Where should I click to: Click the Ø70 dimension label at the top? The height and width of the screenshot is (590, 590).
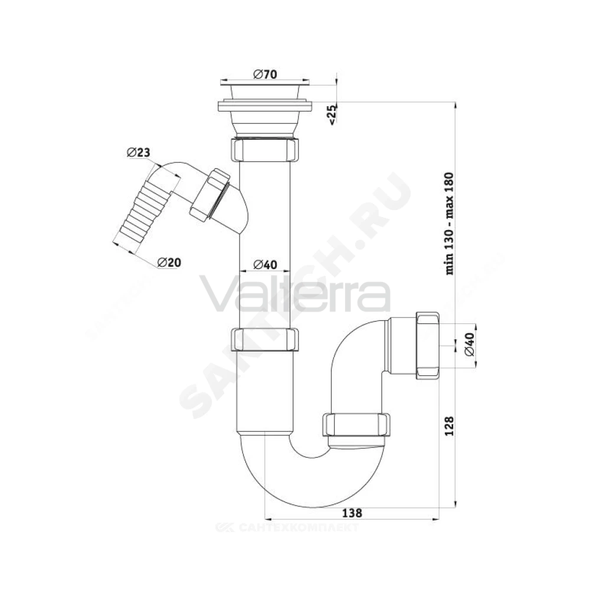pyautogui.click(x=265, y=74)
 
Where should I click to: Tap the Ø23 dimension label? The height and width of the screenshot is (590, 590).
pyautogui.click(x=139, y=152)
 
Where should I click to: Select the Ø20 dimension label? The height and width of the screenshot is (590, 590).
pyautogui.click(x=169, y=263)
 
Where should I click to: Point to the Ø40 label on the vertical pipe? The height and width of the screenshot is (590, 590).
pyautogui.click(x=265, y=264)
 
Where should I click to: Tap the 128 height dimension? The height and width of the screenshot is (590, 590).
pyautogui.click(x=449, y=425)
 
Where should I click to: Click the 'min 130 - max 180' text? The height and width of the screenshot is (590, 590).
pyautogui.click(x=449, y=224)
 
